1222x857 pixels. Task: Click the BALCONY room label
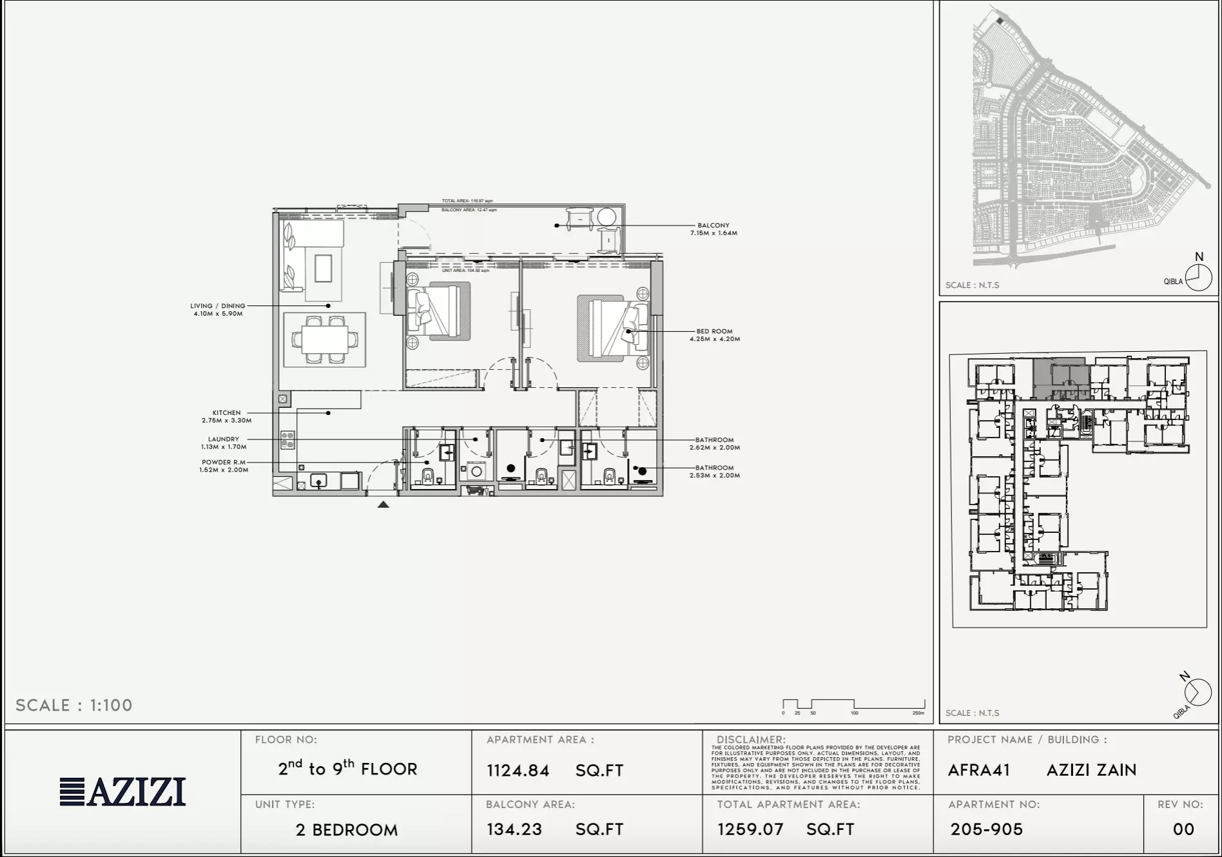click(x=713, y=226)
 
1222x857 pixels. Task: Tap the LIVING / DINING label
click(x=218, y=306)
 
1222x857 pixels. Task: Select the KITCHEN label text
click(x=226, y=413)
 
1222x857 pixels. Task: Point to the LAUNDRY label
click(x=224, y=439)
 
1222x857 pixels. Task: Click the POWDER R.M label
click(x=224, y=463)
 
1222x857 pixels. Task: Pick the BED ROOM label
click(x=714, y=331)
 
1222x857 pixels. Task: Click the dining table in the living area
click(x=325, y=339)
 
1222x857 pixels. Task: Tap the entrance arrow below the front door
click(x=383, y=505)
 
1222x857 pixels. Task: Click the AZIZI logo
click(x=122, y=792)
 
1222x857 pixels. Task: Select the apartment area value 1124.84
click(x=518, y=771)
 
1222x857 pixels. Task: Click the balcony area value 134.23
click(x=514, y=829)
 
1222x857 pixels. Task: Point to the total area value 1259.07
click(x=751, y=829)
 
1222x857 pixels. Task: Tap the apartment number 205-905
click(x=987, y=829)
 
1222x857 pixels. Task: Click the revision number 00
click(x=1183, y=829)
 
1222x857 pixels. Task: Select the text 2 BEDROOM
click(x=347, y=830)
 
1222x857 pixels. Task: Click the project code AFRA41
click(x=978, y=770)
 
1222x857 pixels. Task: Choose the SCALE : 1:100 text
click(x=74, y=706)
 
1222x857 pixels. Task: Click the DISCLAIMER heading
click(x=751, y=740)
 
